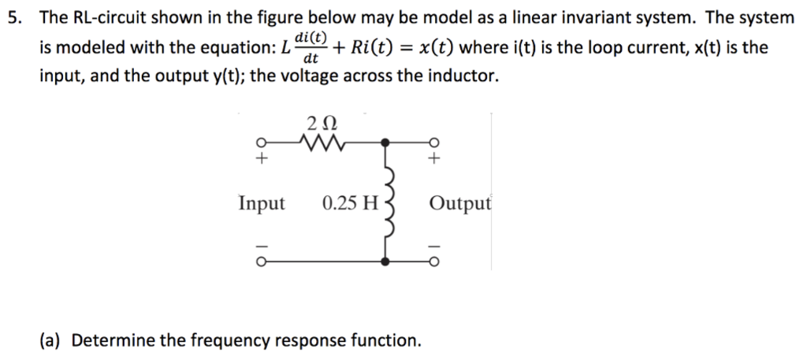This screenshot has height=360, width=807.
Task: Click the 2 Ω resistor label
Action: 320,124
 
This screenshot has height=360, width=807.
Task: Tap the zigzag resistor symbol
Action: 320,143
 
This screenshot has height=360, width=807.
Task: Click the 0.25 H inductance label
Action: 351,204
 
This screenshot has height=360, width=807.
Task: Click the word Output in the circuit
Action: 460,204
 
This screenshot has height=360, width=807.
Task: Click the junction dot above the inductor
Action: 385,143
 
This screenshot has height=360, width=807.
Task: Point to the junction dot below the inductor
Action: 385,262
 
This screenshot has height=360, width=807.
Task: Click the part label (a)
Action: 52,340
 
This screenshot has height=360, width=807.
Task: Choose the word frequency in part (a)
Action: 226,340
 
